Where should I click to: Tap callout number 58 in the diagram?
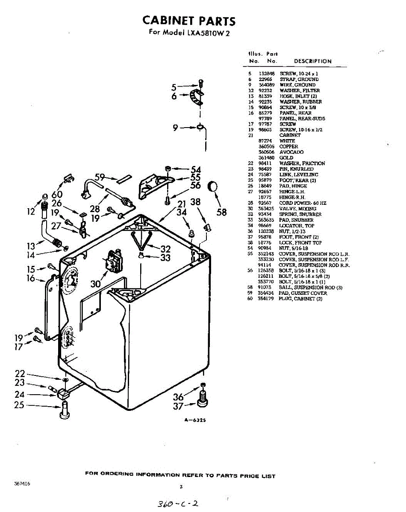221,212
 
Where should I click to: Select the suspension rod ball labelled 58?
212,186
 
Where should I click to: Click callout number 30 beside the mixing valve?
96,283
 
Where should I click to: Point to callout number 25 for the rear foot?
19,404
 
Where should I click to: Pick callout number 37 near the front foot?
178,407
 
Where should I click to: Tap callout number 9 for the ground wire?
175,127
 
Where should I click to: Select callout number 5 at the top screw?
174,88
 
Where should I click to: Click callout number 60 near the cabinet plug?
57,195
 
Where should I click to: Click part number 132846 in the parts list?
266,74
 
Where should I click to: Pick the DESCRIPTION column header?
312,61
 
